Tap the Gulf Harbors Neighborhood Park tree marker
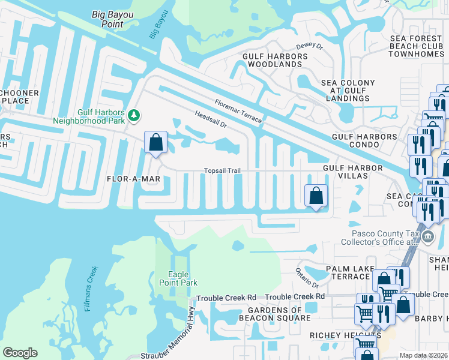tap(134, 116)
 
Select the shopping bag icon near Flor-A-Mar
tap(155, 143)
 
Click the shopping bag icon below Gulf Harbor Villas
tap(316, 196)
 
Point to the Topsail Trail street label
tap(222, 171)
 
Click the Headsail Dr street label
tap(210, 118)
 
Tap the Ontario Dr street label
tap(306, 277)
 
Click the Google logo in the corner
tap(20, 353)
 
